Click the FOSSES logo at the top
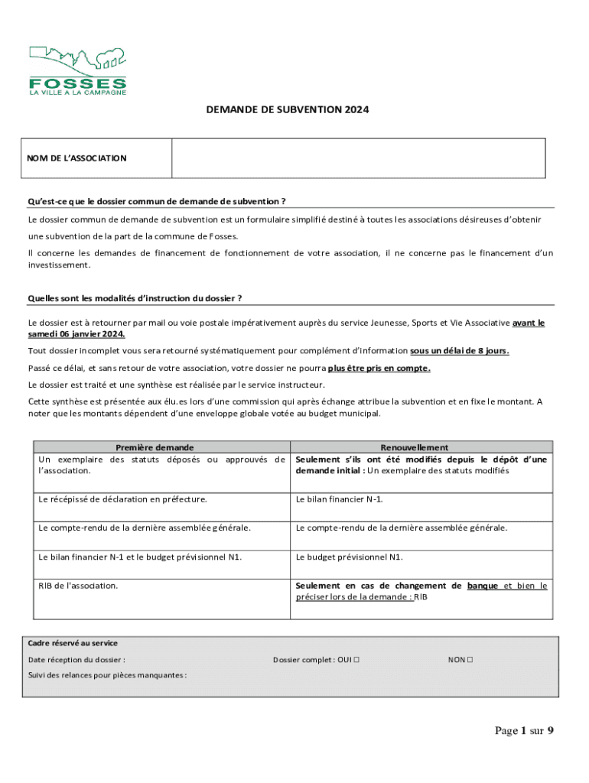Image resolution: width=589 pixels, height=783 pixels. click(77, 70)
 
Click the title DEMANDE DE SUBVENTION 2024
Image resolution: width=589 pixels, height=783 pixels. click(287, 110)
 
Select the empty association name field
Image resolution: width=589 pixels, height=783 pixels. click(358, 158)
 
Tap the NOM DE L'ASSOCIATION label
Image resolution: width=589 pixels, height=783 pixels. click(77, 158)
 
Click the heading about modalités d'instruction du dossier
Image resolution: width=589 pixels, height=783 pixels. click(135, 297)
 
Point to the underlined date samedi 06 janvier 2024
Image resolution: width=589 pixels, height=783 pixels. click(76, 335)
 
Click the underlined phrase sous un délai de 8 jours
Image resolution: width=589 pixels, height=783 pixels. click(460, 350)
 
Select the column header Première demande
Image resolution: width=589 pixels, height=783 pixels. click(155, 447)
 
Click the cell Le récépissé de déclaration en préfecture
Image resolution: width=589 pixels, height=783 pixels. click(122, 499)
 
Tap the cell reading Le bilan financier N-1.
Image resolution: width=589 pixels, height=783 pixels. click(340, 499)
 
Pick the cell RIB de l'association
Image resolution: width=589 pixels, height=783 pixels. click(79, 586)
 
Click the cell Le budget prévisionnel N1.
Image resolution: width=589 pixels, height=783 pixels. click(349, 557)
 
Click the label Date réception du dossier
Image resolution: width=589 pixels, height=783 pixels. click(76, 659)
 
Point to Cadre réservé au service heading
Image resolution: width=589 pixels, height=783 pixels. click(73, 643)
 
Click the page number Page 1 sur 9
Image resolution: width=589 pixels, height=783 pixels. click(524, 731)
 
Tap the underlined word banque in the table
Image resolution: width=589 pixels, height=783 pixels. click(483, 586)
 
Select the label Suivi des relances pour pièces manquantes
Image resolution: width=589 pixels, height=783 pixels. click(107, 675)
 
